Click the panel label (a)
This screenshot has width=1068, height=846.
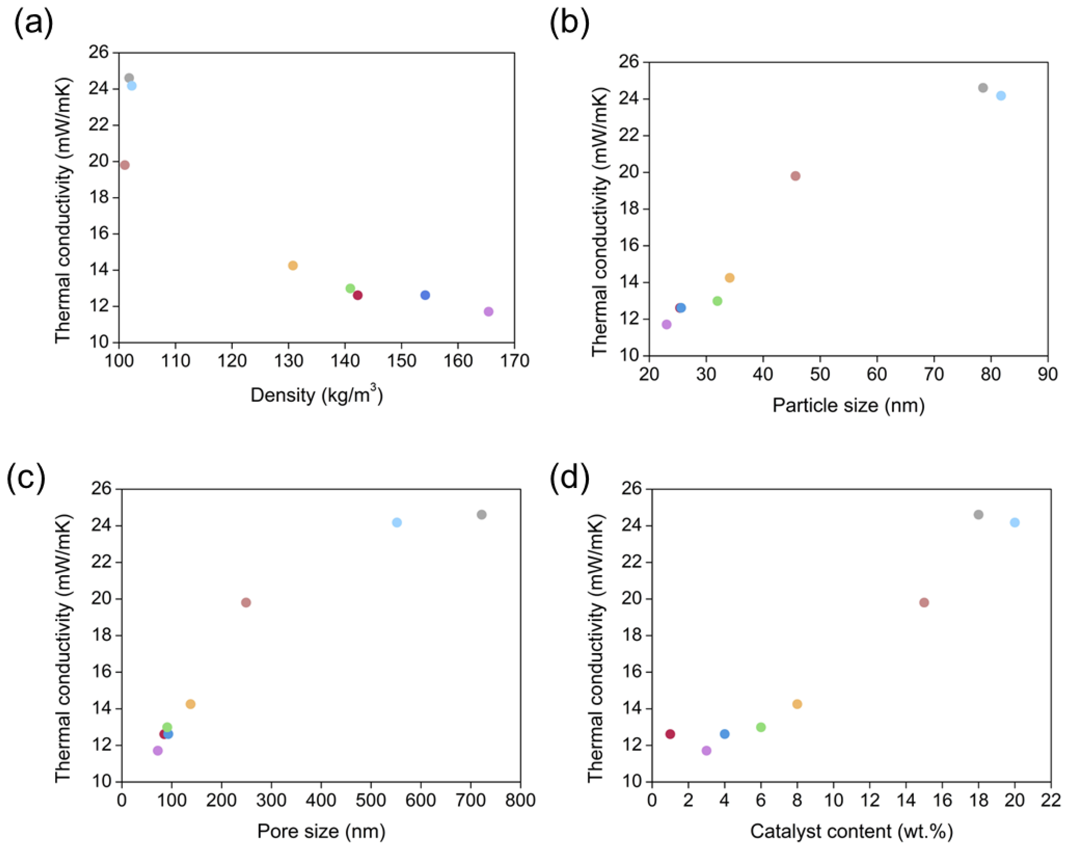coord(34,23)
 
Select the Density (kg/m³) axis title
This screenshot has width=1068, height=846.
coord(317,395)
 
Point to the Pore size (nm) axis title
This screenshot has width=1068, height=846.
coord(321,831)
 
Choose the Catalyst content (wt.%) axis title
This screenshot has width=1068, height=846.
coord(851,831)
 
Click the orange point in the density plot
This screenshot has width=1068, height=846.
coord(293,266)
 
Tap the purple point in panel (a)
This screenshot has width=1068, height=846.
coord(489,312)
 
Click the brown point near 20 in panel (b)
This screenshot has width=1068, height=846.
coord(795,176)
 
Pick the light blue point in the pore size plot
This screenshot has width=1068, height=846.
coord(397,523)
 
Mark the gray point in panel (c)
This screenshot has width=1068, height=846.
coord(481,515)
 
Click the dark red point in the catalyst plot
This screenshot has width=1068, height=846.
coord(670,734)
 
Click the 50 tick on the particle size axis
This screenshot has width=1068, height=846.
coord(820,374)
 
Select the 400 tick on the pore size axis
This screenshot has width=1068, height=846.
coord(321,800)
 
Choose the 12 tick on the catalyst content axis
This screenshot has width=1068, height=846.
coord(870,800)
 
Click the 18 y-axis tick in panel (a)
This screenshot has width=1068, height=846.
coord(99,197)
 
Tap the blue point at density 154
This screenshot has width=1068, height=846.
coord(425,295)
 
